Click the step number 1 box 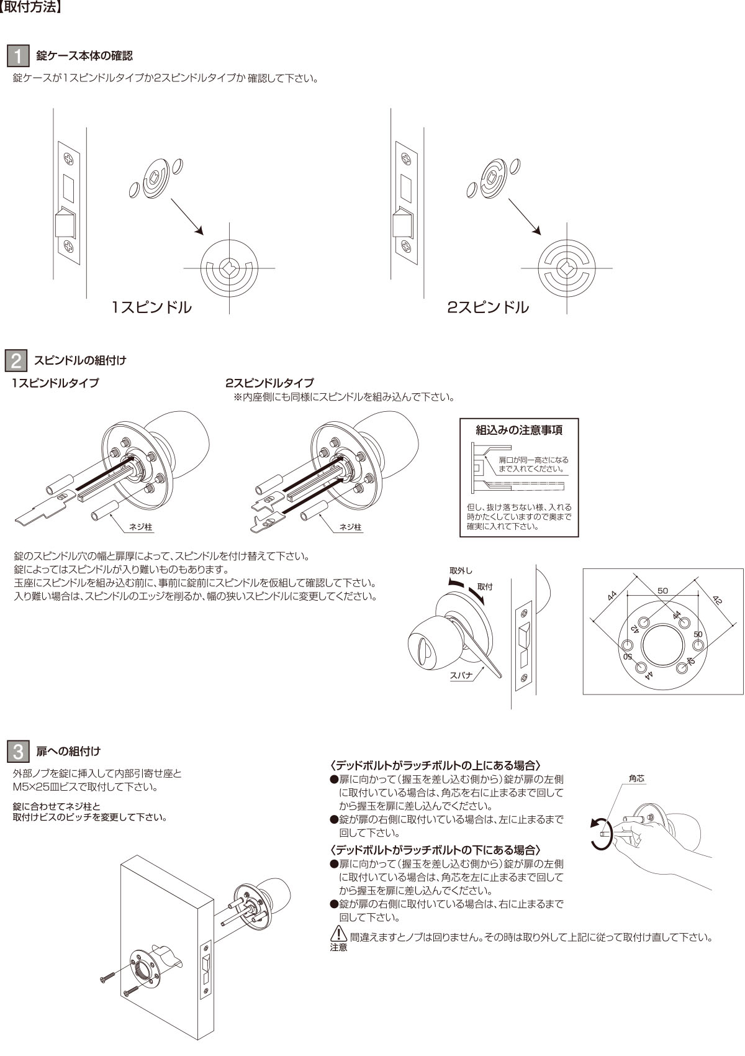click(x=18, y=55)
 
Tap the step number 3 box click(x=18, y=751)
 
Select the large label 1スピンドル click(x=151, y=307)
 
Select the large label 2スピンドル click(x=488, y=307)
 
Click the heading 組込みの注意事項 click(x=519, y=430)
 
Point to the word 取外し click(x=461, y=570)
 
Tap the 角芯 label click(x=636, y=778)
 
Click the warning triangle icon click(x=338, y=934)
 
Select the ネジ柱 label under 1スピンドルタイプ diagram click(x=140, y=527)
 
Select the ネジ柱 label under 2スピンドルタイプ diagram click(x=350, y=527)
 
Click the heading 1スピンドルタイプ click(x=56, y=383)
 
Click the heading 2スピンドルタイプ click(x=269, y=383)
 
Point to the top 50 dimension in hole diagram click(x=662, y=590)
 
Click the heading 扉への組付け click(x=68, y=751)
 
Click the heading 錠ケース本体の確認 click(x=84, y=56)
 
